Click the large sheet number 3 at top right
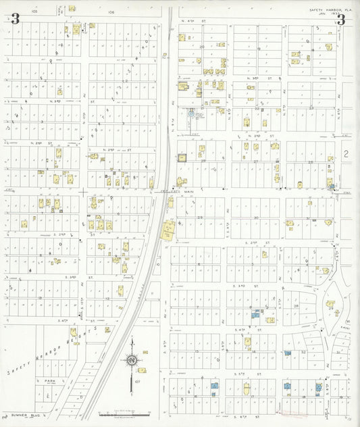pyautogui.click(x=341, y=20)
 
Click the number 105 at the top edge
pyautogui.click(x=34, y=11)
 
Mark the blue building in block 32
pyautogui.click(x=288, y=353)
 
